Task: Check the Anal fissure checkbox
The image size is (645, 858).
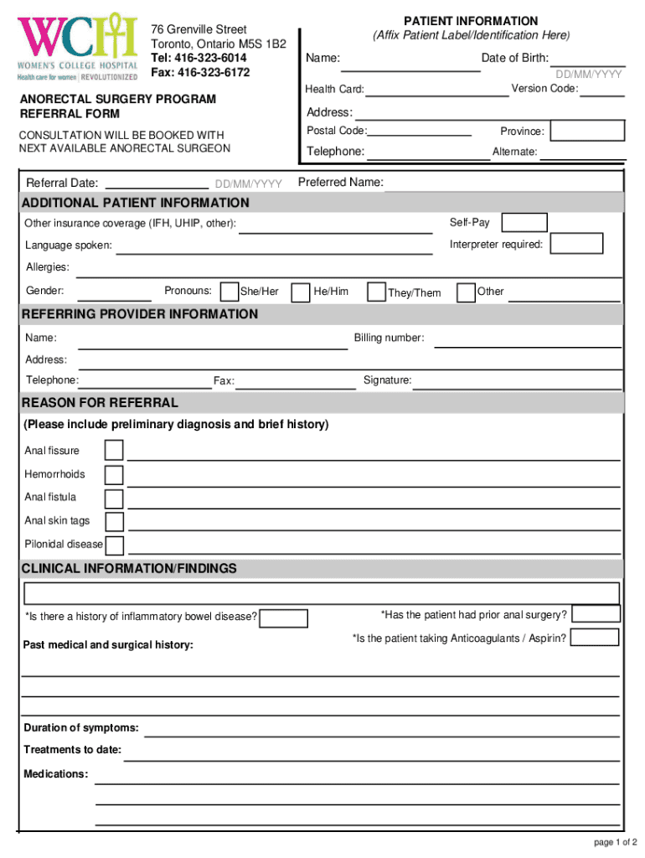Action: [x=114, y=451]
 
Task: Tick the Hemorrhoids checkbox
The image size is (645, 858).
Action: [x=114, y=475]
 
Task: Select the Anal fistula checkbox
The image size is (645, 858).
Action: [x=114, y=499]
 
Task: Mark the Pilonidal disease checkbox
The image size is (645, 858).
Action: [x=115, y=545]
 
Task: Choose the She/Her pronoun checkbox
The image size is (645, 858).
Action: [x=229, y=292]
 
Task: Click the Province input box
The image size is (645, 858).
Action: [x=588, y=131]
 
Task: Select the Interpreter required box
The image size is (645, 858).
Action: [x=577, y=244]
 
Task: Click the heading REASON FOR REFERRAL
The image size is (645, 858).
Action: [x=100, y=403]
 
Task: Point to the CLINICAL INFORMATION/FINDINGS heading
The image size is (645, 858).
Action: [x=129, y=569]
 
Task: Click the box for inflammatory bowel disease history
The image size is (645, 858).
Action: [x=283, y=618]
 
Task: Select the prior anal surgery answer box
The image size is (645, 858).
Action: [x=595, y=614]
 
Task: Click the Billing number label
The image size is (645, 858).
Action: [x=389, y=338]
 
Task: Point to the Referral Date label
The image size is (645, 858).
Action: [x=62, y=183]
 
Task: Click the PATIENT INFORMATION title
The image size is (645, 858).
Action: [x=471, y=21]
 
